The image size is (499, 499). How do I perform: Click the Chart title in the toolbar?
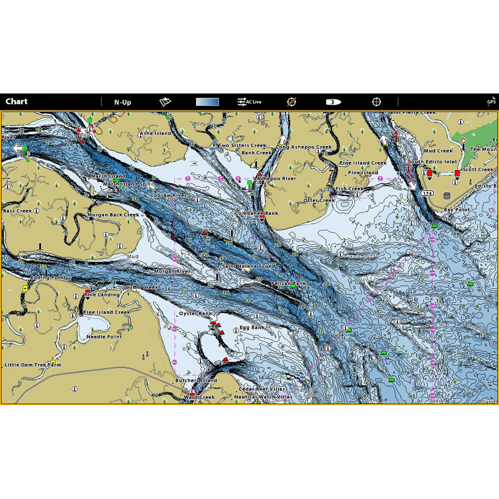click(x=16, y=102)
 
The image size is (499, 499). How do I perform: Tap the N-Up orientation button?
click(x=122, y=102)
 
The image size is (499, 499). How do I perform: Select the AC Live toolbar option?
click(x=249, y=102)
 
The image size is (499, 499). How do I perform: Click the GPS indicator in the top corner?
click(x=492, y=102)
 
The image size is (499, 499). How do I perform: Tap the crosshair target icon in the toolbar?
click(x=376, y=102)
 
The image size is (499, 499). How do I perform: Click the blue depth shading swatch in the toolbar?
click(x=207, y=102)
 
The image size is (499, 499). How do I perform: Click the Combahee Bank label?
click(x=257, y=213)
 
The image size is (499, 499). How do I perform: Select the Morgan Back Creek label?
click(x=113, y=215)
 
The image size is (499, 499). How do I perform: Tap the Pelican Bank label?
click(x=288, y=283)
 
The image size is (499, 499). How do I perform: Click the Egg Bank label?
click(x=252, y=328)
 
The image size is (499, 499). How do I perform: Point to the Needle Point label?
click(x=104, y=337)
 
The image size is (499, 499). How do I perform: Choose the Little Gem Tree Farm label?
click(x=33, y=365)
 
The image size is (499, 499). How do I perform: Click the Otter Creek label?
click(x=319, y=201)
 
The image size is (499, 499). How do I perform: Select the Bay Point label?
click(x=457, y=210)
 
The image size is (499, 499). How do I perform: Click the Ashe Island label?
click(x=155, y=134)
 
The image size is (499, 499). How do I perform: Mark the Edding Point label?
click(x=48, y=277)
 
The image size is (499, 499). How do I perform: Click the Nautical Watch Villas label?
click(x=263, y=397)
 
